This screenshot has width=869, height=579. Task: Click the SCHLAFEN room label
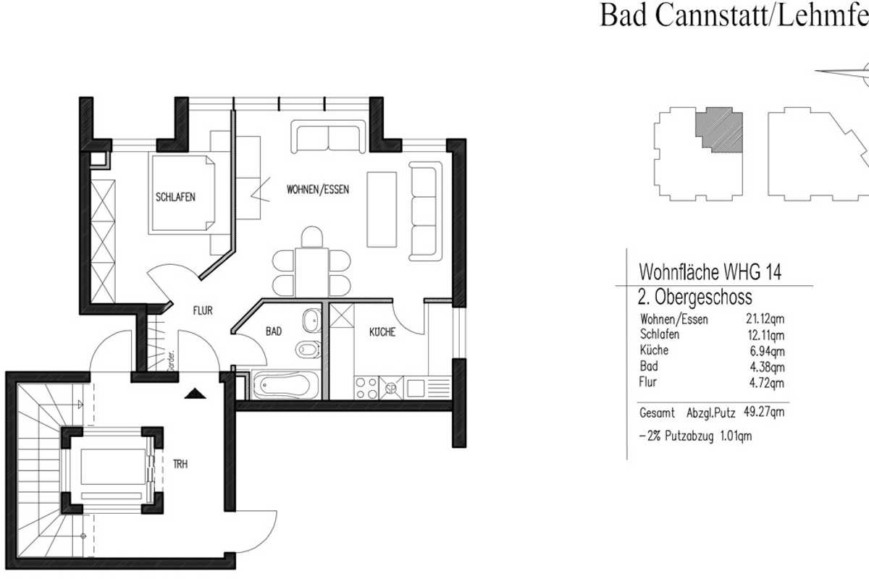175,197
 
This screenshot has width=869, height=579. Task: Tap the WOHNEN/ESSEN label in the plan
318,190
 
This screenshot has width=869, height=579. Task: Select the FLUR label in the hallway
202,311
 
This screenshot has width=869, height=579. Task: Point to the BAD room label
273,331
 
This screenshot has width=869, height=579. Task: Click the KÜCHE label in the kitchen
382,332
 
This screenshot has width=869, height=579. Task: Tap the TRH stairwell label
180,465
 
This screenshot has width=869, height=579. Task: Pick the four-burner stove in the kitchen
366,386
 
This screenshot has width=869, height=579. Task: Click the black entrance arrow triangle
192,394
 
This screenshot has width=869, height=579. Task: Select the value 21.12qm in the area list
765,320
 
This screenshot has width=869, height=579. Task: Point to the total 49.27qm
764,413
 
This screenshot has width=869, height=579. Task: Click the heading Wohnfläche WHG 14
709,273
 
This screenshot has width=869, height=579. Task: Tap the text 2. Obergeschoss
695,297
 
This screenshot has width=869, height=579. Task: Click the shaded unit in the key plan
719,131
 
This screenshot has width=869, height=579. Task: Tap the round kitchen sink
391,388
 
